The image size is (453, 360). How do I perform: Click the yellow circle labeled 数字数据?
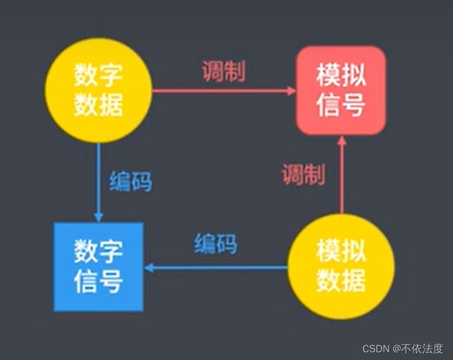99,90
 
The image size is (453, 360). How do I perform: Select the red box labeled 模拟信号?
341,90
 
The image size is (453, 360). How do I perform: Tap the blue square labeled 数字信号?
99,267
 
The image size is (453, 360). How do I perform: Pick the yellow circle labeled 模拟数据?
341,267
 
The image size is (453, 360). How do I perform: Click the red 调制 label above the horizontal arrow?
223,72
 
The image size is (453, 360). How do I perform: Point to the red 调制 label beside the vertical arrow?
302,175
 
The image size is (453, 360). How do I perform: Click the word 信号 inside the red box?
341,105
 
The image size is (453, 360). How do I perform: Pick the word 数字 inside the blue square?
99,252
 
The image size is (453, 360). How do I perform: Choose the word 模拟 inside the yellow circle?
341,252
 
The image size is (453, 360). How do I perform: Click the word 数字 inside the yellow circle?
99,75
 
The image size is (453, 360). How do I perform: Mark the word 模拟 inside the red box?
341,76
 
